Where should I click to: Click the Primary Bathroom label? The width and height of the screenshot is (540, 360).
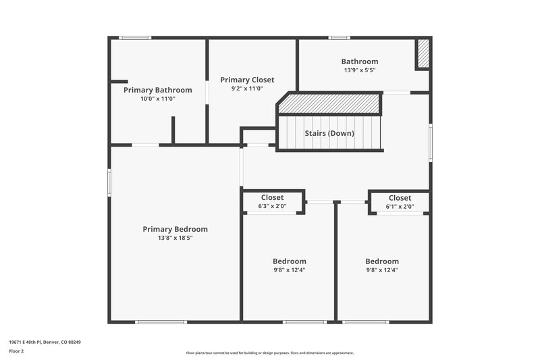[x=157, y=90]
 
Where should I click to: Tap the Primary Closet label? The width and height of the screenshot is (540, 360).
[x=247, y=80]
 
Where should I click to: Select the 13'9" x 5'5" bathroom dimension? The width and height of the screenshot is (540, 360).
[x=359, y=70]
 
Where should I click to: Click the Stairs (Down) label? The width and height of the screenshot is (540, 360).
[x=329, y=133]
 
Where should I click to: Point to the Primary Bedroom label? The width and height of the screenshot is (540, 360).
[x=175, y=229]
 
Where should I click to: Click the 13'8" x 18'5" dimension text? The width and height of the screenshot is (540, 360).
[x=175, y=238]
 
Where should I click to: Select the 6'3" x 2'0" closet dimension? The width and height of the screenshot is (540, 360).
[x=272, y=207]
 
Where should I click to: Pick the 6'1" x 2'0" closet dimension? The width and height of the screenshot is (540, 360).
[x=400, y=207]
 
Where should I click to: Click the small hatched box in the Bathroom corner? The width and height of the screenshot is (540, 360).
[x=423, y=54]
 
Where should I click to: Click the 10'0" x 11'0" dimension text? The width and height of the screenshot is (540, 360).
[x=157, y=99]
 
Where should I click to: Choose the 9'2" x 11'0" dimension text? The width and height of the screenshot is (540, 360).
[x=247, y=88]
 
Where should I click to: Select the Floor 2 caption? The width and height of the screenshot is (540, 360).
[x=16, y=352]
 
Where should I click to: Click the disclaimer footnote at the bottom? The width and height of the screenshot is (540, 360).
[x=270, y=353]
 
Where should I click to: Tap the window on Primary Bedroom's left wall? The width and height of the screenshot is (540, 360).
[x=109, y=182]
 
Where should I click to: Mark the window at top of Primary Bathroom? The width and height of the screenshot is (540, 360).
[x=135, y=38]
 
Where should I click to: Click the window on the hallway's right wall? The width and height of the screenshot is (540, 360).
[x=430, y=143]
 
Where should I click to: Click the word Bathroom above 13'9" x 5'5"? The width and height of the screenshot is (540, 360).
[x=359, y=61]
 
